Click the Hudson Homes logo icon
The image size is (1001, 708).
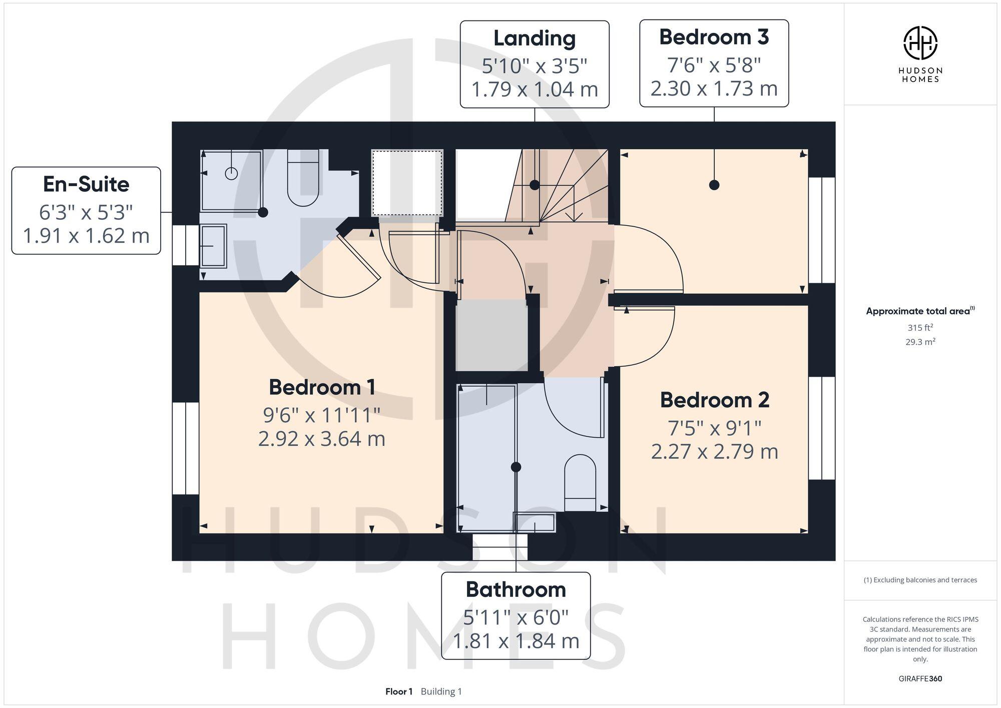920,43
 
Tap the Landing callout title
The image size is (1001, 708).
534,39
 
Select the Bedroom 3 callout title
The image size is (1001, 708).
714,38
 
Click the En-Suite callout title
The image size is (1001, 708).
86,185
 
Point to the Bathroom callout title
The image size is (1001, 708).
516,590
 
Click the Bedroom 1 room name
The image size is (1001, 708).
322,387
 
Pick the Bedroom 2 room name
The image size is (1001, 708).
714,400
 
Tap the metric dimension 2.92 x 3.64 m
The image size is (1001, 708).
322,439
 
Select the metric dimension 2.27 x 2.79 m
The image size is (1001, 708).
714,452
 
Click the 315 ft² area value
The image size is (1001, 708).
920,328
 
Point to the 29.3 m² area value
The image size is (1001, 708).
920,342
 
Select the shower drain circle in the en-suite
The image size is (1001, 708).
231,174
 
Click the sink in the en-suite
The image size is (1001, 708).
213,246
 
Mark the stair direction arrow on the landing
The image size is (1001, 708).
574,215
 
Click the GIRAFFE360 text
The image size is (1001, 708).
920,679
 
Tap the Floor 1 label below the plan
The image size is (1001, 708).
398,691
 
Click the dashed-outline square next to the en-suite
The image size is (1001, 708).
407,182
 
